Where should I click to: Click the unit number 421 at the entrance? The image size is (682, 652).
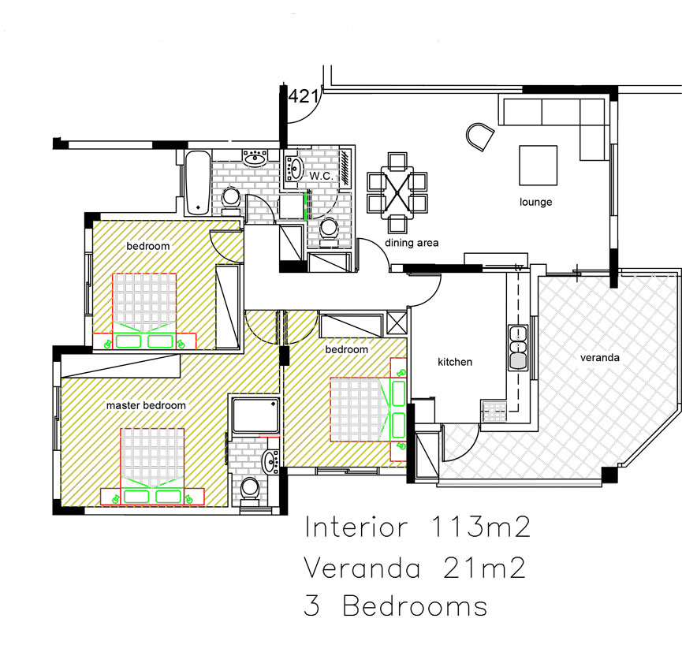pyautogui.click(x=304, y=97)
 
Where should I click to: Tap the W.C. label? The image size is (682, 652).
pyautogui.click(x=322, y=175)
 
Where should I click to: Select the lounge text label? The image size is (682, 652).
pyautogui.click(x=535, y=202)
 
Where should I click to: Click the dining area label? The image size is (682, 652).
pyautogui.click(x=412, y=243)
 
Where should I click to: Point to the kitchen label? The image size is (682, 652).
pyautogui.click(x=455, y=362)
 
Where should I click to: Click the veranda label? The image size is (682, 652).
pyautogui.click(x=600, y=357)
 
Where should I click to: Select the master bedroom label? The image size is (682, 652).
pyautogui.click(x=146, y=405)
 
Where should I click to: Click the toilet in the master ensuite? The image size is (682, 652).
pyautogui.click(x=251, y=491)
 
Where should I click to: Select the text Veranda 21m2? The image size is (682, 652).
pyautogui.click(x=415, y=568)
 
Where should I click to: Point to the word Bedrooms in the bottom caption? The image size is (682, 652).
pyautogui.click(x=415, y=607)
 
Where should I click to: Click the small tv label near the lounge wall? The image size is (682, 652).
pyautogui.click(x=519, y=268)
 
